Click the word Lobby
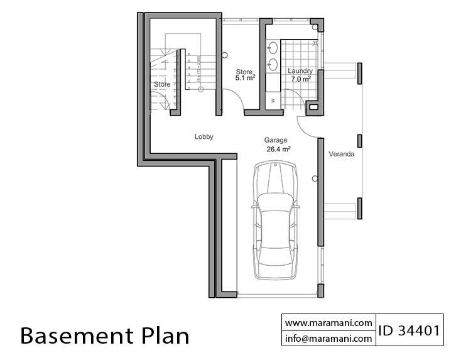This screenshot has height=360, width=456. [x=205, y=136]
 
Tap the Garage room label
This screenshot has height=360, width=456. [x=275, y=140]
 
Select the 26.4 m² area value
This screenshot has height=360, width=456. [x=278, y=150]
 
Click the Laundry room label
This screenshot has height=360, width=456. [x=300, y=71]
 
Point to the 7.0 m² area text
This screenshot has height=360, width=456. [x=300, y=80]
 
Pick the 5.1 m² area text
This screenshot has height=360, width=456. [x=245, y=79]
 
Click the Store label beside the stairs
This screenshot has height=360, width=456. [x=162, y=84]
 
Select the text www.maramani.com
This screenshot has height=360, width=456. [x=328, y=322]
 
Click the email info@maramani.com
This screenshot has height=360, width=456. [x=328, y=338]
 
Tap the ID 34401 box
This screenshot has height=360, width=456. [x=409, y=330]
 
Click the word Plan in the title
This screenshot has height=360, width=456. [x=165, y=336]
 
